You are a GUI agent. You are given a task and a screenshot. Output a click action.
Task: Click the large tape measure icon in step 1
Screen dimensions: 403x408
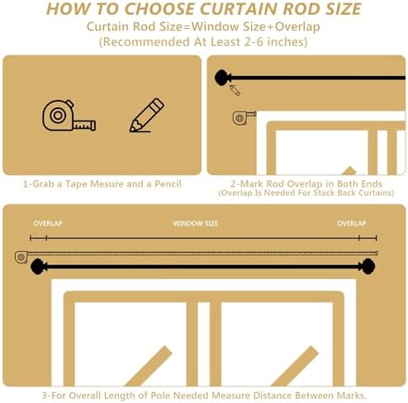69,116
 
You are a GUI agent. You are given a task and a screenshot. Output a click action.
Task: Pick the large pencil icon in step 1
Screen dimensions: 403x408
146,116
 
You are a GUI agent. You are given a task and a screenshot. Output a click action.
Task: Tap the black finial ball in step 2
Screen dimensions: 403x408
221,78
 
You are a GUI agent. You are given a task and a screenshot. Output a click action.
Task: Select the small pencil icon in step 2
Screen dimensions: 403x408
235,90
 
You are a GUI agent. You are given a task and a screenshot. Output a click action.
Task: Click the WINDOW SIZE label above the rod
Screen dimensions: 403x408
196,224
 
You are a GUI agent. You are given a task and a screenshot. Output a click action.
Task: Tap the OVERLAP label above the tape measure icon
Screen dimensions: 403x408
48,224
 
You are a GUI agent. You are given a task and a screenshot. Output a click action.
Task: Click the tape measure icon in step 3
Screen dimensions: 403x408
21,256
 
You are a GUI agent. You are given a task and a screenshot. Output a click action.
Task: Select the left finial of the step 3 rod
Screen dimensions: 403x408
37,266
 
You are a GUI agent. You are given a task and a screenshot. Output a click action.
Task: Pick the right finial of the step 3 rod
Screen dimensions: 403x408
367,266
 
